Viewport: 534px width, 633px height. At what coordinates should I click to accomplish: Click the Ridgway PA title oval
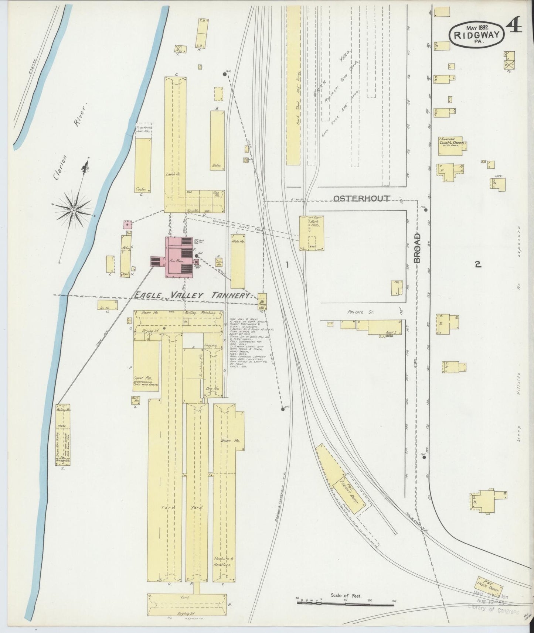click(x=477, y=35)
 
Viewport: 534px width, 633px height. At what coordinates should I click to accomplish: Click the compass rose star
click(x=74, y=210)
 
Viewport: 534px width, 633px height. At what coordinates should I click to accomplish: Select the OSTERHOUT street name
click(x=361, y=199)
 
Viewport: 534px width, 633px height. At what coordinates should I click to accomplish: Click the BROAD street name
click(x=418, y=248)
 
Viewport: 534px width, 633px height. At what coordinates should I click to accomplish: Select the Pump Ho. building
click(x=262, y=301)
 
